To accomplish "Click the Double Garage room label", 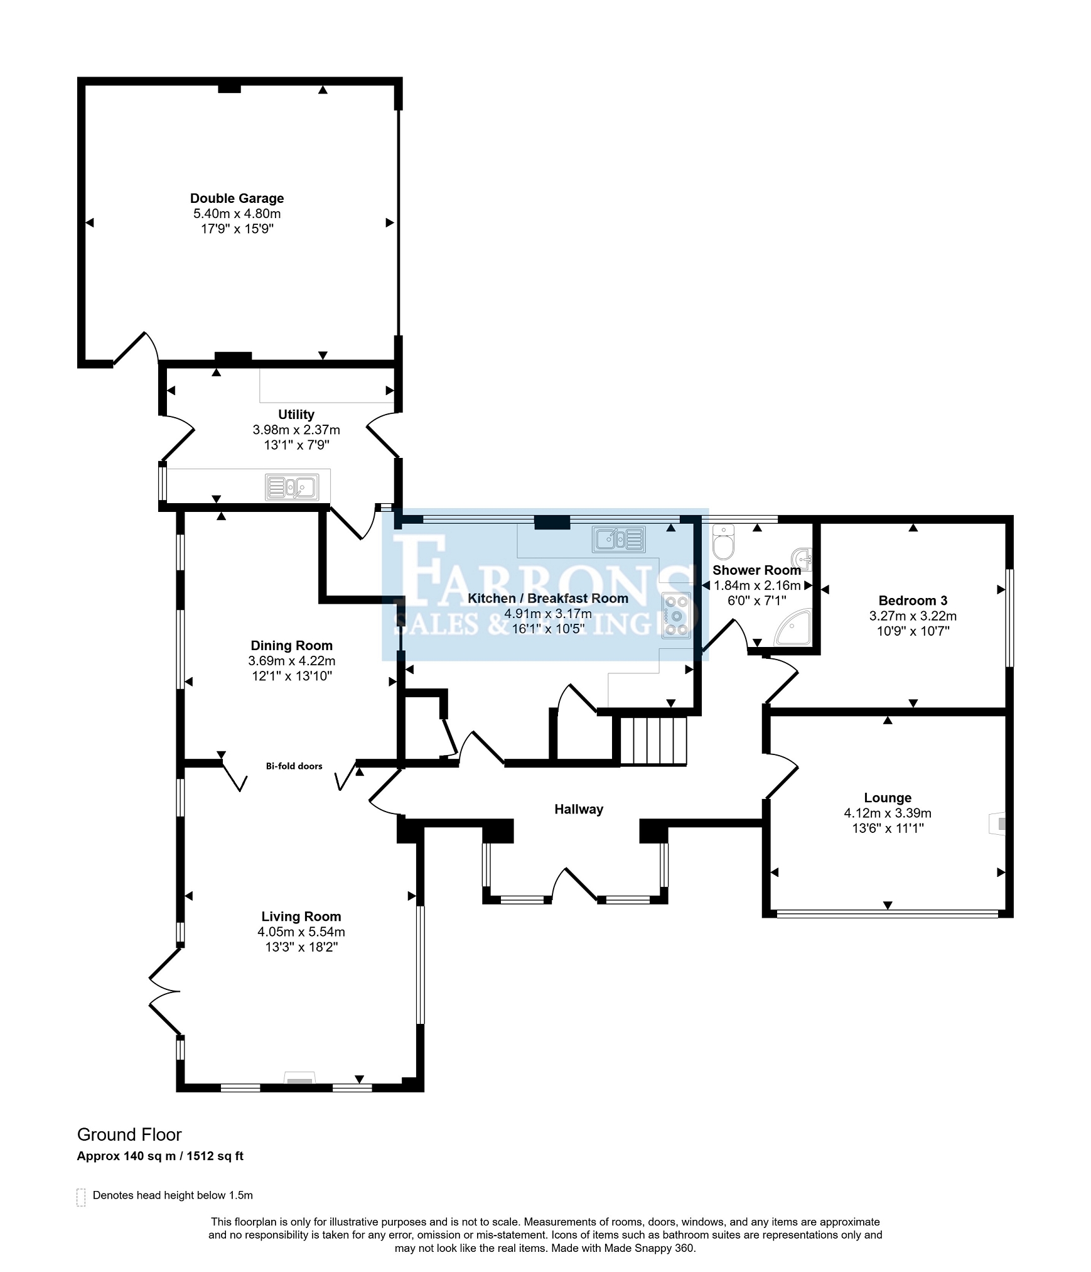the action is click(237, 198).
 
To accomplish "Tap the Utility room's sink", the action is click(292, 487).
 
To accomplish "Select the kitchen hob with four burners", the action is click(677, 616).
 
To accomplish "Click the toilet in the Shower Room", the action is click(723, 541).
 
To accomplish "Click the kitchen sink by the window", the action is click(618, 540).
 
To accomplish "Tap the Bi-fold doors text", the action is click(294, 766).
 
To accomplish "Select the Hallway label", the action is click(579, 809).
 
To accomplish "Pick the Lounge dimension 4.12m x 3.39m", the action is click(887, 813).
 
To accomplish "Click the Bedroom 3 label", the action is click(913, 601).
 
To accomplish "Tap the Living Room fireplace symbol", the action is click(299, 1078).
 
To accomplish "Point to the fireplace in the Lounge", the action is click(997, 823).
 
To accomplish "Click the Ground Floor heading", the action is click(129, 1134).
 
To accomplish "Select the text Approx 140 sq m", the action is click(126, 1156).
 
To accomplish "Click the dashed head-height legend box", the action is click(81, 1197).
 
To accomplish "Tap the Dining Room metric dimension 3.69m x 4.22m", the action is click(291, 661).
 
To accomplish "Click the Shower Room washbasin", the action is click(803, 558).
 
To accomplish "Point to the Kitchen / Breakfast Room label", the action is click(548, 599).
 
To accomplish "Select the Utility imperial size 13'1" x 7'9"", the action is click(296, 445).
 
